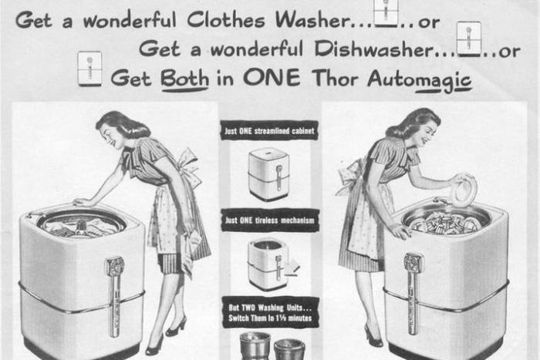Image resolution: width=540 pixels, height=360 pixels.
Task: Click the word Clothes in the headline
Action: coord(226,20)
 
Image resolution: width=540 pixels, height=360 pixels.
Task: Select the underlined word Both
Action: coord(184,78)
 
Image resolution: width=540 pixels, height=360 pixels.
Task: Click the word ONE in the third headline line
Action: coord(272,77)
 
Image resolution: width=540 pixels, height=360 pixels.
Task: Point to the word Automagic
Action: coord(420,79)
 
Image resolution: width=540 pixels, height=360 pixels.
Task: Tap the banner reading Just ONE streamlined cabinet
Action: coord(269,130)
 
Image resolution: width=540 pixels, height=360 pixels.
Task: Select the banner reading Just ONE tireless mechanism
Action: coord(270,220)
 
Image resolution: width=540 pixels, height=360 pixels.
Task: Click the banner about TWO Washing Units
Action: coord(270,312)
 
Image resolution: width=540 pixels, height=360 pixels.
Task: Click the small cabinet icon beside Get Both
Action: coord(89,69)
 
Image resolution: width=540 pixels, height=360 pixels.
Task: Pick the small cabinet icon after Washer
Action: coord(386,13)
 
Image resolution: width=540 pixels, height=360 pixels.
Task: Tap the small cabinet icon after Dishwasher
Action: coord(468,39)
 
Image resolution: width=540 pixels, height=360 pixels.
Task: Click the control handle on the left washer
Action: coord(115,296)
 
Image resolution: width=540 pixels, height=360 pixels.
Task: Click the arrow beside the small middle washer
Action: coord(292,267)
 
